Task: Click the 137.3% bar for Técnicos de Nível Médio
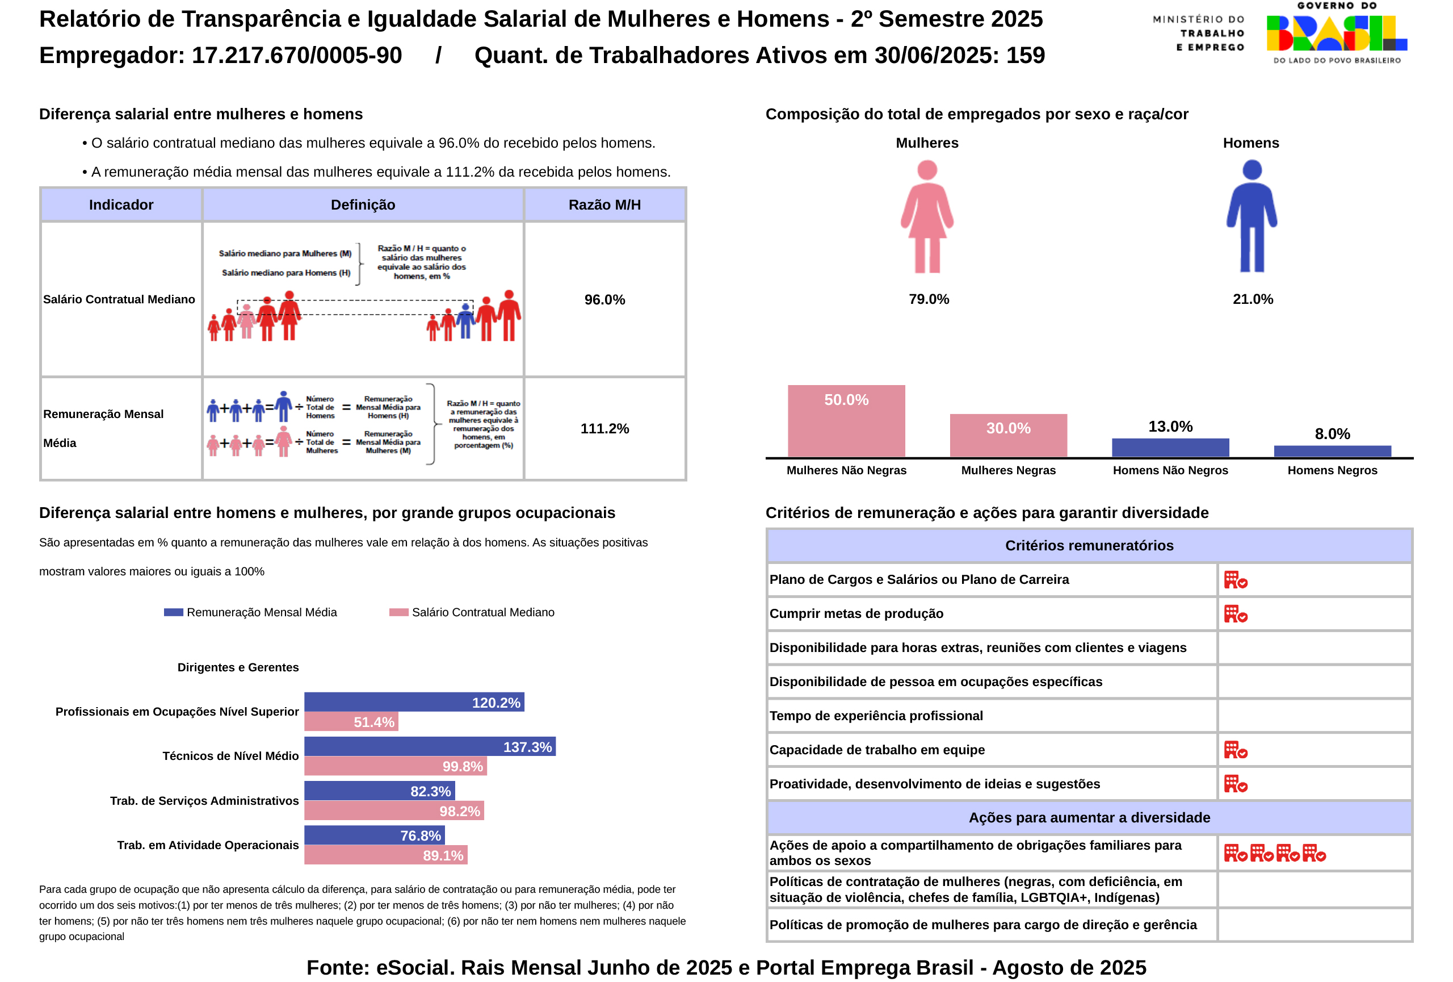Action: (430, 746)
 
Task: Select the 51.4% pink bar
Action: (351, 722)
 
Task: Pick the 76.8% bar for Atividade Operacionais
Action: (374, 835)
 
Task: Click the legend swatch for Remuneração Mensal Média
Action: (173, 612)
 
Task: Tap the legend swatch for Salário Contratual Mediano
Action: (398, 612)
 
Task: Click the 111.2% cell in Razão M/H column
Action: (604, 428)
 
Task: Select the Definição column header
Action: (363, 204)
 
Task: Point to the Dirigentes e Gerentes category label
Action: (238, 667)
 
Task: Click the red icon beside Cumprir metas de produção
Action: (1235, 613)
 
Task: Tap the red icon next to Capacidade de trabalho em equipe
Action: (1235, 750)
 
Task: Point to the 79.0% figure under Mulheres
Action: (929, 299)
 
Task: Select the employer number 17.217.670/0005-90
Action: (296, 55)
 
